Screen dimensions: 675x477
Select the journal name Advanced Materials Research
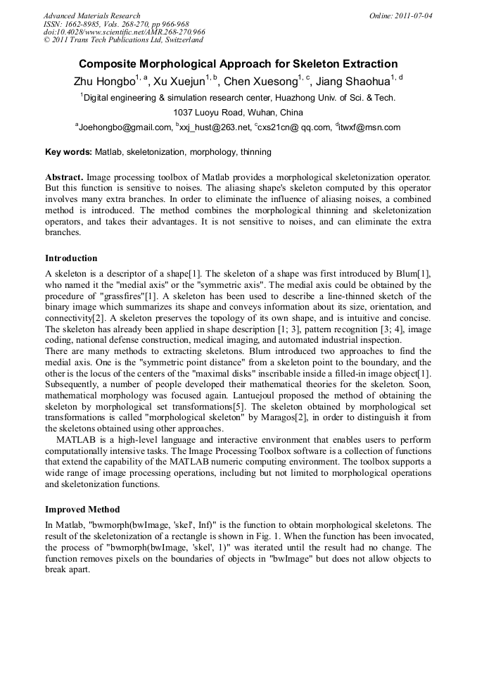pyautogui.click(x=91, y=15)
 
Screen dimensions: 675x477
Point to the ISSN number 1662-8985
pyautogui.click(x=84, y=24)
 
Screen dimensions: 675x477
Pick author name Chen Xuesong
pyautogui.click(x=260, y=82)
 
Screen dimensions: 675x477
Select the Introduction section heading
pyautogui.click(x=71, y=258)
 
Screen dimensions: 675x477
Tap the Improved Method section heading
pyautogui.click(x=82, y=510)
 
